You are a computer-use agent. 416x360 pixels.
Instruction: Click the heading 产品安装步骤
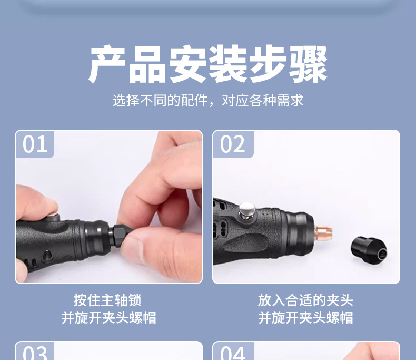(207, 64)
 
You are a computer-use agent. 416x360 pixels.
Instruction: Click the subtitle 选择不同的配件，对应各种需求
(208, 101)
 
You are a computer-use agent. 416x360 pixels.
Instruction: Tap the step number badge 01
(35, 144)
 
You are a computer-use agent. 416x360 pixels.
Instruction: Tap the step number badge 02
(233, 144)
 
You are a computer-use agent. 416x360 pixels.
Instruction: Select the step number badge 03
(35, 352)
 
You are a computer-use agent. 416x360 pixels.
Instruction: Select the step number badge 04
(233, 352)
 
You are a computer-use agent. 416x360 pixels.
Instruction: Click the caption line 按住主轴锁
(107, 300)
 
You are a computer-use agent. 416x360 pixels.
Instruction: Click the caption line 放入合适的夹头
(305, 300)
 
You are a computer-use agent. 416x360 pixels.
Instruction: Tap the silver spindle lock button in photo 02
(247, 210)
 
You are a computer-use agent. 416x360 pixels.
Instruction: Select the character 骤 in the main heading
(308, 64)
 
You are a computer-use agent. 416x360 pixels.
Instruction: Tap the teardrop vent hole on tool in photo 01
(47, 256)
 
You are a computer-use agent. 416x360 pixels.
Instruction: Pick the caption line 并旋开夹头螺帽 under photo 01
(109, 317)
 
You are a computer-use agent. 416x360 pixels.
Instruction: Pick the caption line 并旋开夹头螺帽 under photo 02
(305, 317)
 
